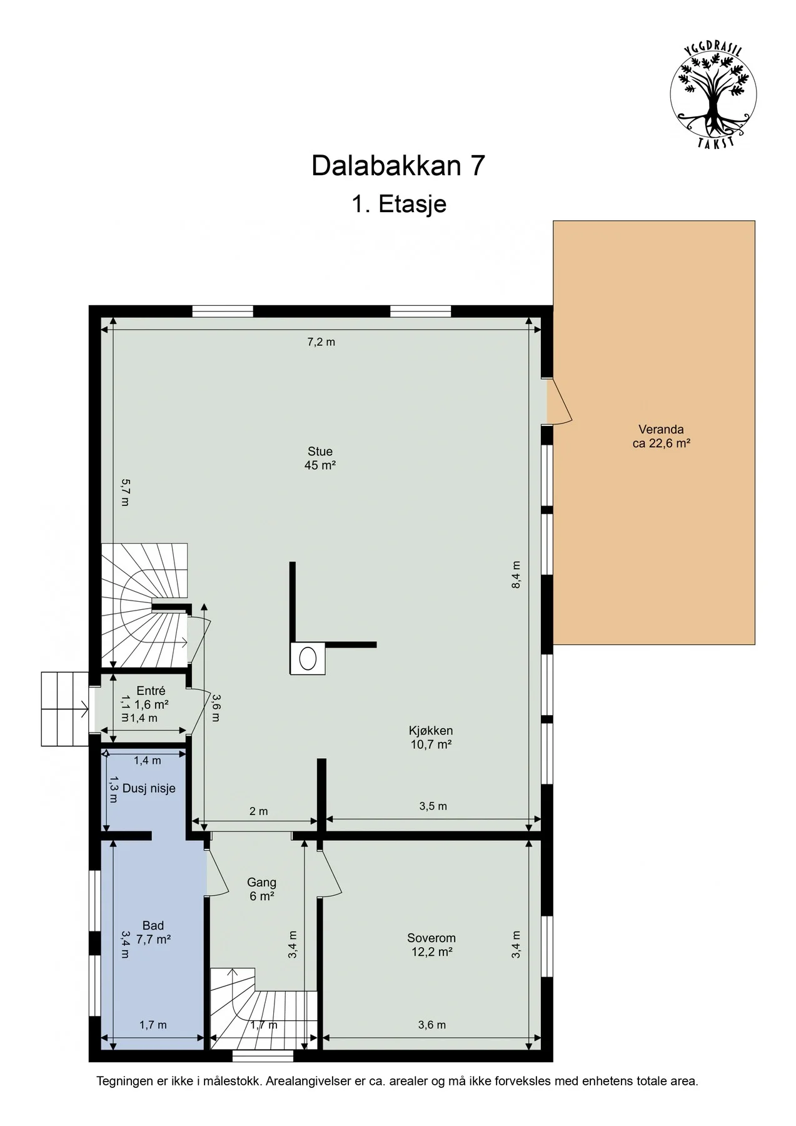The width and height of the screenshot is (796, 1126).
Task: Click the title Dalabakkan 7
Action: [x=398, y=166]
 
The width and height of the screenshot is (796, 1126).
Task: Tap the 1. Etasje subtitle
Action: [x=398, y=204]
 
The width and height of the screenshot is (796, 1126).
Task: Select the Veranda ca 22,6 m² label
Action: [x=661, y=437]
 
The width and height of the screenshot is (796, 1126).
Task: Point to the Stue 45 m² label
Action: [x=320, y=458]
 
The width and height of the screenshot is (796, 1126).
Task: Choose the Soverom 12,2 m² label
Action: [x=431, y=945]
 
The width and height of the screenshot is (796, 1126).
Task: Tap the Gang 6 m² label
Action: [x=261, y=889]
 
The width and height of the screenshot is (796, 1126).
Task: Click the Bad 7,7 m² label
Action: [x=153, y=932]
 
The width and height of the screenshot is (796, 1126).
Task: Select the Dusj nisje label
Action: [x=149, y=788]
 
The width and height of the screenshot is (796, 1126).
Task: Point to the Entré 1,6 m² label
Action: [x=151, y=697]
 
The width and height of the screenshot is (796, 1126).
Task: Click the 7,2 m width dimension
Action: [x=321, y=342]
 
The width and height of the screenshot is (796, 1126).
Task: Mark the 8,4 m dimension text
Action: [x=516, y=574]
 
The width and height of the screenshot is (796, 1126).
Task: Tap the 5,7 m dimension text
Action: [x=124, y=492]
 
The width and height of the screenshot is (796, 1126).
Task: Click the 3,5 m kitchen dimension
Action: [x=433, y=806]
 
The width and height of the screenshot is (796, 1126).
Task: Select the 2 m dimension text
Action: [x=258, y=811]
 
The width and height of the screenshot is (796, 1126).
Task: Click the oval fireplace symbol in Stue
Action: [x=308, y=659]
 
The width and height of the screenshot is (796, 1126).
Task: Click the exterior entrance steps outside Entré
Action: [x=64, y=709]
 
